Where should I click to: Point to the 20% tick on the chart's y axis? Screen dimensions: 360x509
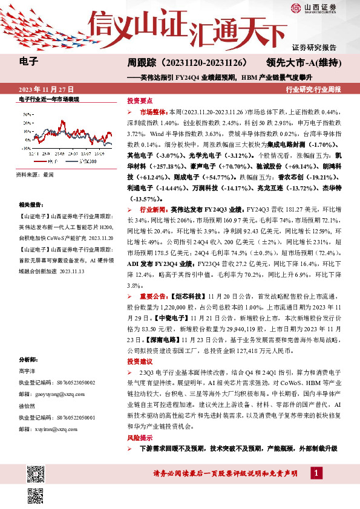pyautogui.click(x=27, y=123)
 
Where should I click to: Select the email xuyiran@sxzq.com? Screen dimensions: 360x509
pyautogui.click(x=48, y=429)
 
